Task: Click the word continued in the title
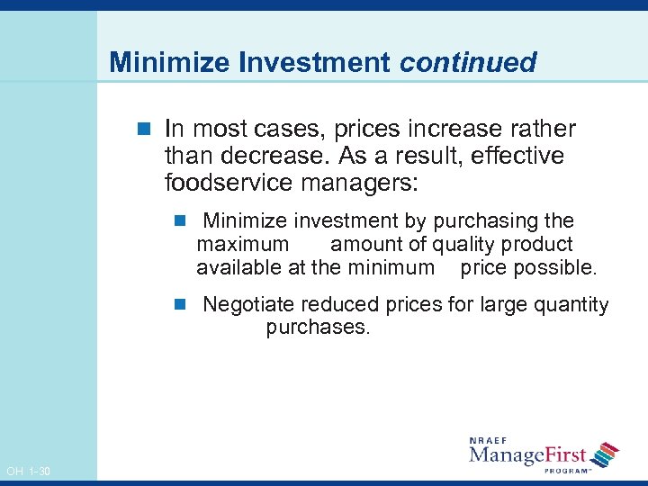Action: click(468, 62)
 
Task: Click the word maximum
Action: click(243, 245)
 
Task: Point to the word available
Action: click(235, 267)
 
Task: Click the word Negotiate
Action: click(249, 305)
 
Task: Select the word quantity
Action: click(571, 305)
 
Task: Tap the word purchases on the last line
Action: click(318, 328)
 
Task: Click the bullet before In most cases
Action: click(148, 129)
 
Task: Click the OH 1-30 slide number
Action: click(28, 472)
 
